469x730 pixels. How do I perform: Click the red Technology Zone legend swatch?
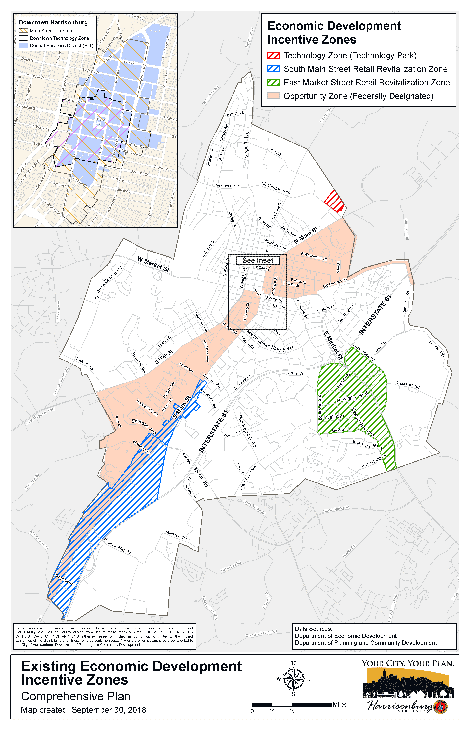273,55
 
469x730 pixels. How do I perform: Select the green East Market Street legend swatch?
273,82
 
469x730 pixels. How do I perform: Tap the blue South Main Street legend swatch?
273,69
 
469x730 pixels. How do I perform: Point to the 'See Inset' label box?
258,260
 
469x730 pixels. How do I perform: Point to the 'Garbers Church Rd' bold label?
108,282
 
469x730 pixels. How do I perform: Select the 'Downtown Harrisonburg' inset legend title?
53,23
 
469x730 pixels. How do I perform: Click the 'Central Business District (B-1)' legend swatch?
23,45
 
